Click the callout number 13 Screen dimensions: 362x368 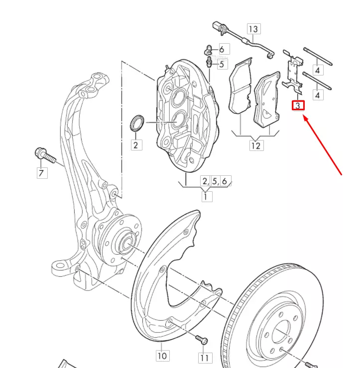coord(254,29)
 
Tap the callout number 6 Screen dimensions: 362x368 coord(222,49)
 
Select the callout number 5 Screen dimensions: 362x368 coord(222,64)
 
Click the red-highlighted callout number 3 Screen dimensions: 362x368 coord(297,105)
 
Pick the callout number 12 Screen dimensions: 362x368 coord(255,146)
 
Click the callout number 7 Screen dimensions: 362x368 coord(41,173)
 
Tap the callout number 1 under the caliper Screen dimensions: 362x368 coord(206,196)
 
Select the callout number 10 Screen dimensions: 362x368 coord(162,356)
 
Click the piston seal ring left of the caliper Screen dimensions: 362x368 coord(137,123)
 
